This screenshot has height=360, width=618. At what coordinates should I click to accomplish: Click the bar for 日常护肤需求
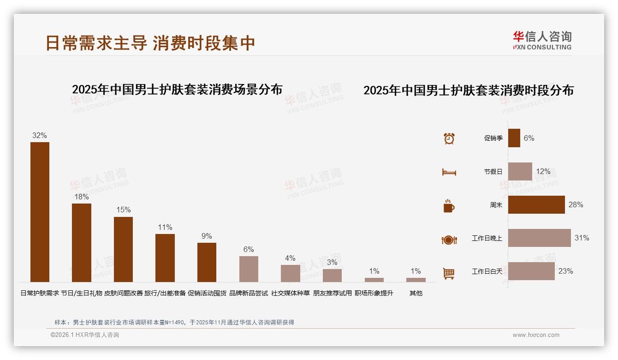coord(40,212)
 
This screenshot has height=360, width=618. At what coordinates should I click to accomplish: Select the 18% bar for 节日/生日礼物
coord(81,243)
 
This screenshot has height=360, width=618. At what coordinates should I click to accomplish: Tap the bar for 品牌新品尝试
coord(249,269)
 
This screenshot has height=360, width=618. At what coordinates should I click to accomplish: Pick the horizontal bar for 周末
coord(536,204)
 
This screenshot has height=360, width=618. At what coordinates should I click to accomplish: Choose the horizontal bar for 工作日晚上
coord(539,238)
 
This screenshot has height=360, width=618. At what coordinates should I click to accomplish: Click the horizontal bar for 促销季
coord(514,138)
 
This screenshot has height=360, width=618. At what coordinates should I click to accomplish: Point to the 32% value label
coord(40,135)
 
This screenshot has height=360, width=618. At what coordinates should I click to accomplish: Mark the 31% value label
coord(582,238)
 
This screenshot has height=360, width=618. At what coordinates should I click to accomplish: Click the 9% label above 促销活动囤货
coord(207,236)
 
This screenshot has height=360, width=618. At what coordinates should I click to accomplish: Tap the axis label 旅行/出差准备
coord(165,293)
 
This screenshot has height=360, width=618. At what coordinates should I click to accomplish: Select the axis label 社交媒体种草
coord(290,293)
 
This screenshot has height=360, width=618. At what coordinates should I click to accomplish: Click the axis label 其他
coord(416,293)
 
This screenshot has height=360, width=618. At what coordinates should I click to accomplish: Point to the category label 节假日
coord(493,172)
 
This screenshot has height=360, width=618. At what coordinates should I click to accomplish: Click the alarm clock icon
coord(449,138)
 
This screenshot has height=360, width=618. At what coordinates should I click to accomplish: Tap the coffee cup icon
coord(449,206)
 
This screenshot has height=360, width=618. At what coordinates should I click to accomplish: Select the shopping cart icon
coord(449,273)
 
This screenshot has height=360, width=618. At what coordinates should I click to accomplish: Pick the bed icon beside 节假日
coord(449,172)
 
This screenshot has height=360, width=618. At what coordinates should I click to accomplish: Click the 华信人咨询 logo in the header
coord(542,40)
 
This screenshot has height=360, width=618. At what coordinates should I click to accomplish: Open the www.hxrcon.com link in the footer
coord(536,335)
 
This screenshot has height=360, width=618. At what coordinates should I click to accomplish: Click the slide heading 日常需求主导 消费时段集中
coord(150,43)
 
